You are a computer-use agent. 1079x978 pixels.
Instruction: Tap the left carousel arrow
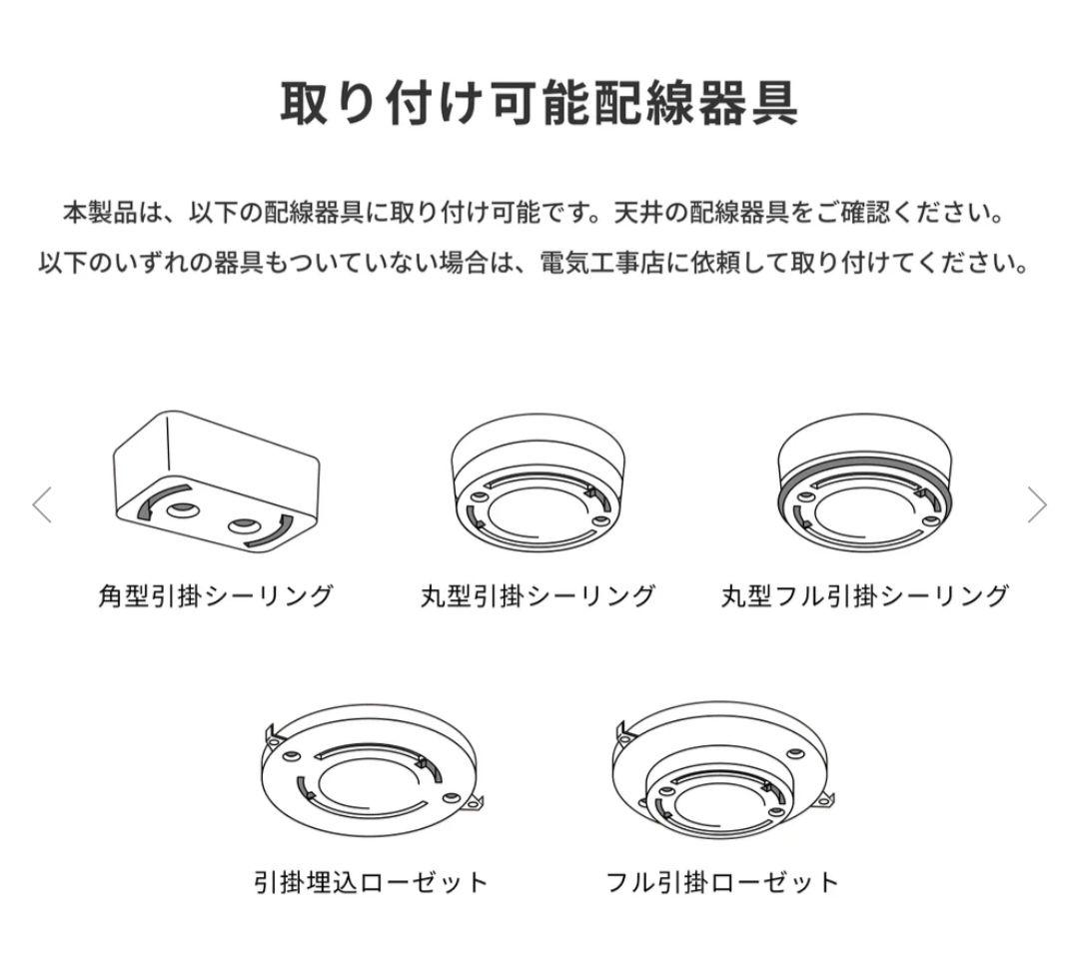coord(42,505)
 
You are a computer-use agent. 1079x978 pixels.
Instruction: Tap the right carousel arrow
coord(1037,505)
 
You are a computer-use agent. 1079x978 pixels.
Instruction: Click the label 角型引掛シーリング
coord(215,596)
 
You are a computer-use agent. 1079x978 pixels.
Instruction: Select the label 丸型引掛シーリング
coord(538,596)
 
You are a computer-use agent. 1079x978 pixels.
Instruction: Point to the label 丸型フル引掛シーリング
coord(864,596)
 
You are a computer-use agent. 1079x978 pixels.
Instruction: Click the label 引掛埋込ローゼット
coord(371,882)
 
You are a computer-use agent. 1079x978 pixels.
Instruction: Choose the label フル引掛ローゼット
coord(721,882)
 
